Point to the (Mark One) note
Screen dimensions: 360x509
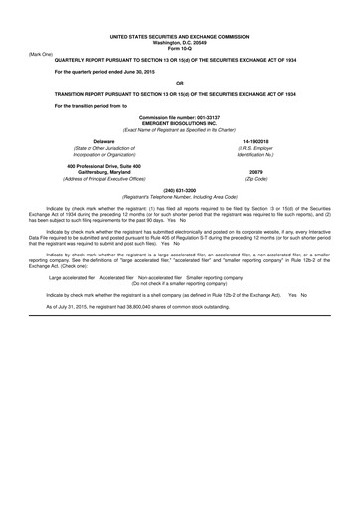pyautogui.click(x=43, y=53)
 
